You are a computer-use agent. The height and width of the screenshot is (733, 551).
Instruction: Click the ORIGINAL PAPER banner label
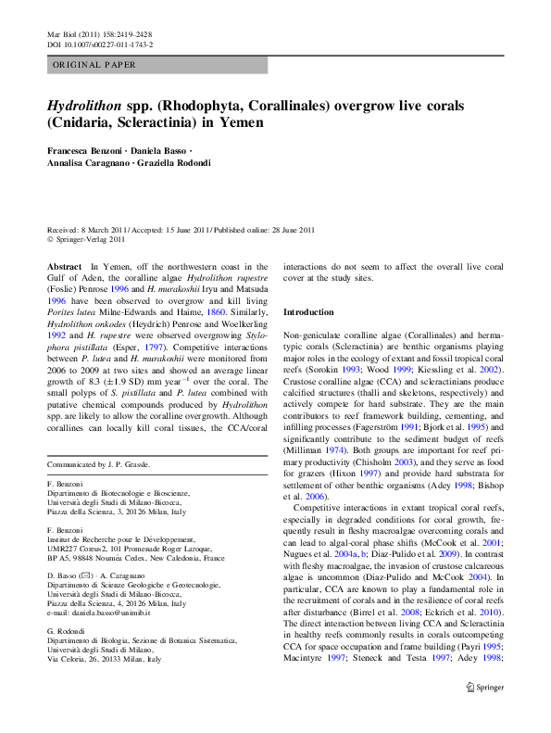(x=95, y=65)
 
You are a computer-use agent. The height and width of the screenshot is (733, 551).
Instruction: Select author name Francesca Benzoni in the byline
(x=87, y=149)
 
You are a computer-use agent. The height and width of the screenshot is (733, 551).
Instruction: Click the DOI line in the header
(x=100, y=44)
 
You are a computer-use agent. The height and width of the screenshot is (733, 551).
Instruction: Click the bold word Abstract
(x=64, y=266)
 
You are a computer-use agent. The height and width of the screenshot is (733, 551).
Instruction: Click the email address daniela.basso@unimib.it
(x=100, y=613)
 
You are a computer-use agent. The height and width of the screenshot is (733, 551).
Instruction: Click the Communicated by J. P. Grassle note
(x=98, y=463)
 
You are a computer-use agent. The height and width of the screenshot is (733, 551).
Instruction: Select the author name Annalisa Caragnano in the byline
(x=88, y=163)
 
